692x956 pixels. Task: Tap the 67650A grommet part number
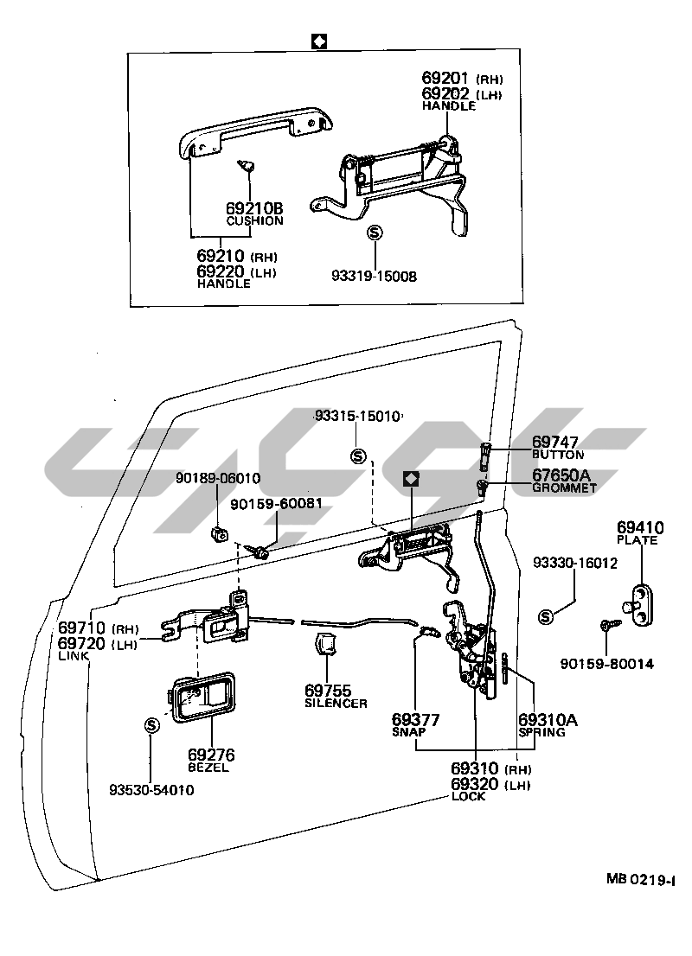point(561,475)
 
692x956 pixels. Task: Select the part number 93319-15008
point(374,277)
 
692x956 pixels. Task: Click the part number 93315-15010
point(357,416)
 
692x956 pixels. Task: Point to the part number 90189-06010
point(217,477)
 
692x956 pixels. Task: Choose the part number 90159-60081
point(276,502)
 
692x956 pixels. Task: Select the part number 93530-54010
point(151,789)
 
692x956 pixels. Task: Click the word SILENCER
point(336,703)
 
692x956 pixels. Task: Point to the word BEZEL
point(208,768)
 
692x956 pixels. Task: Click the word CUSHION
point(254,220)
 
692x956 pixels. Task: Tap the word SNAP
point(409,731)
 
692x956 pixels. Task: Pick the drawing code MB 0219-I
point(640,879)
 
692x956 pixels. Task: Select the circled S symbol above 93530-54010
point(151,724)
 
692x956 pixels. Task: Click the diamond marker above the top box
point(318,41)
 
